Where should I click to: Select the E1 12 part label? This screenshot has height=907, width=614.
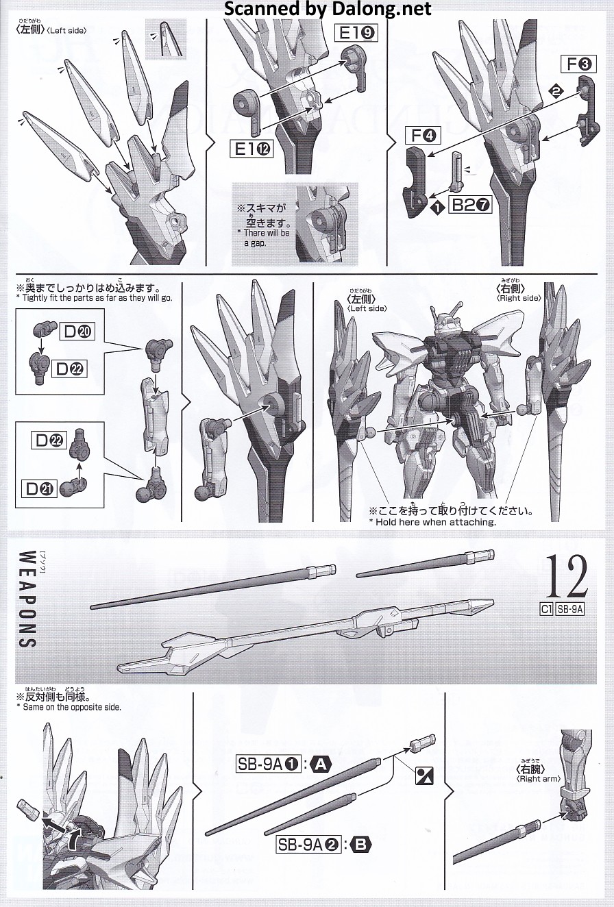tap(251, 150)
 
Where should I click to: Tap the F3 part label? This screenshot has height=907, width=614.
tap(578, 64)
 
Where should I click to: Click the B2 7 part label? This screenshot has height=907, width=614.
tap(470, 206)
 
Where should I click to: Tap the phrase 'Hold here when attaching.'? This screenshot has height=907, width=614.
tap(432, 522)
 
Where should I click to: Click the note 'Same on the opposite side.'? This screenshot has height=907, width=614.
tap(69, 707)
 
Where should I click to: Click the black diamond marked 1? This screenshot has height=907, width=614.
tap(437, 208)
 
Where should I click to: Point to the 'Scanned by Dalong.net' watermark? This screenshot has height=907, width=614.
tap(328, 9)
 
